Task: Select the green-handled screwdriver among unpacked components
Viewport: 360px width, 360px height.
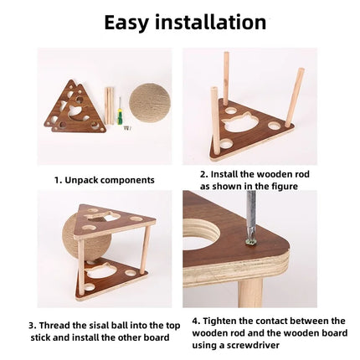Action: (121, 113)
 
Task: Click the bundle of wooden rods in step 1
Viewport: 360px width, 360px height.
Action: (110, 105)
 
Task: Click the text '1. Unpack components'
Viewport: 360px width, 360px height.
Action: (104, 179)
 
